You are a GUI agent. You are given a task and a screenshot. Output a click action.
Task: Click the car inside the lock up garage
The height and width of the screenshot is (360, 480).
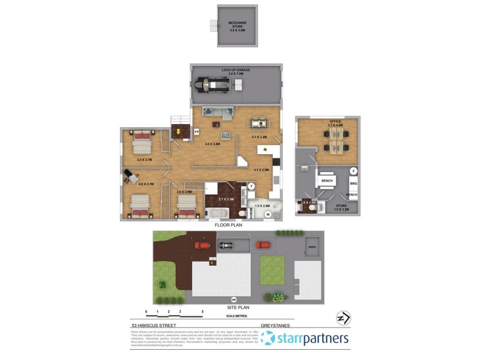point(212,85)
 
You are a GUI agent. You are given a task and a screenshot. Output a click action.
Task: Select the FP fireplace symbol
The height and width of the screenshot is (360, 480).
point(196,131)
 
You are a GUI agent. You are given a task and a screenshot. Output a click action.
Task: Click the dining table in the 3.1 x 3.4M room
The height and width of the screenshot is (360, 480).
point(259,124)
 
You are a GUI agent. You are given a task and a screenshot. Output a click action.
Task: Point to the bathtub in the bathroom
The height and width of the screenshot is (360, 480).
point(217,213)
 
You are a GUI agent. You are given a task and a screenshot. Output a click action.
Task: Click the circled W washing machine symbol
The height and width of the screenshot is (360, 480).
point(268,214)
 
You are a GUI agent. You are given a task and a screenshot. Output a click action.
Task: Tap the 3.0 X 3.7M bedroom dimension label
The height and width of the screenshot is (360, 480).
point(145,160)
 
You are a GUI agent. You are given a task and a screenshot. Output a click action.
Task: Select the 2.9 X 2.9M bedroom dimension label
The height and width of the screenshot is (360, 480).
point(184,192)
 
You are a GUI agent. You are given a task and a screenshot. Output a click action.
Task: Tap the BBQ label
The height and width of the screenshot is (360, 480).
point(353,184)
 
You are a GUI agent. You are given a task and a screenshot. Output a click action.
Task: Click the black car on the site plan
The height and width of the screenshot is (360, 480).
point(225,245)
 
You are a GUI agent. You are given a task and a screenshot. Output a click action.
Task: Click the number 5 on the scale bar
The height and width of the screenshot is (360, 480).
point(203,312)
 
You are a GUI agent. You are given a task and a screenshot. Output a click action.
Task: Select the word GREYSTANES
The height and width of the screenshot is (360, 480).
point(276,326)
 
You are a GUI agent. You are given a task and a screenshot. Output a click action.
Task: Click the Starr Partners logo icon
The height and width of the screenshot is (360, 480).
point(268,338)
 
